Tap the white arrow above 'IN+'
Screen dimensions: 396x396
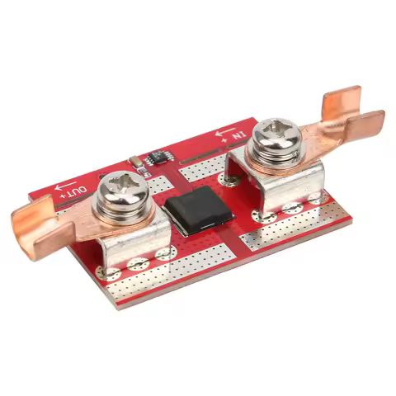tap(225, 130)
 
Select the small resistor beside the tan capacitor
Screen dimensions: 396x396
tap(142, 172)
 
